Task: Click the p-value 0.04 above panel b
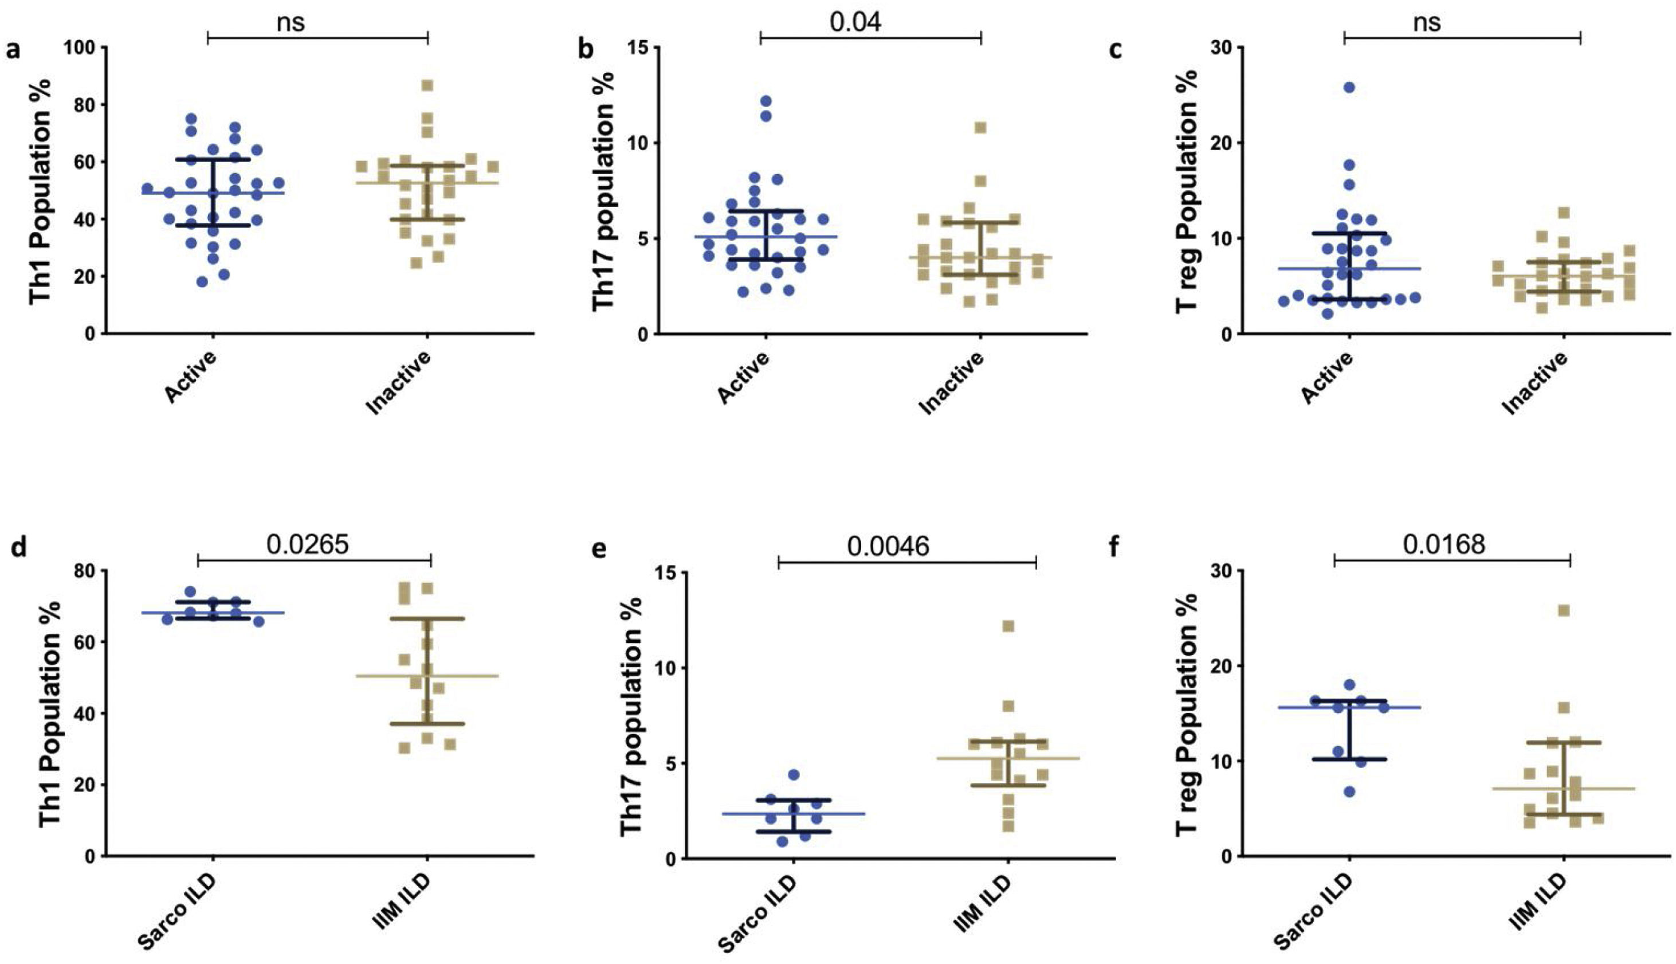click(855, 21)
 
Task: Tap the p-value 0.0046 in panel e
click(888, 546)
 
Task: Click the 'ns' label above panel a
click(291, 22)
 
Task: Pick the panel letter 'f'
click(1114, 549)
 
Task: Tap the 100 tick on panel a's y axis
click(78, 48)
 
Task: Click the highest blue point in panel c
click(1349, 87)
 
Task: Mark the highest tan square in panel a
click(427, 85)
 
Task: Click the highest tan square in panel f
click(1564, 610)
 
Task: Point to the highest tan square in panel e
click(1008, 626)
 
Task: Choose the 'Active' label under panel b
click(744, 377)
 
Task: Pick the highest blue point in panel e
click(794, 775)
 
